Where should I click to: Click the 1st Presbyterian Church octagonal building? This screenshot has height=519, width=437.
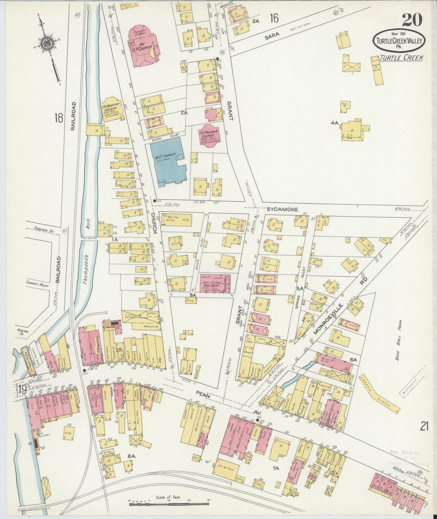point(209,136)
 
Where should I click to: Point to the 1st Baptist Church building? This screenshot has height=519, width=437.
point(113,110)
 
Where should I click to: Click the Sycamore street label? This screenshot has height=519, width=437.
point(282,209)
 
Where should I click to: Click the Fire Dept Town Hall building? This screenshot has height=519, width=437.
point(215,283)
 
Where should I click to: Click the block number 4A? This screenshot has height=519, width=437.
point(334,123)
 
